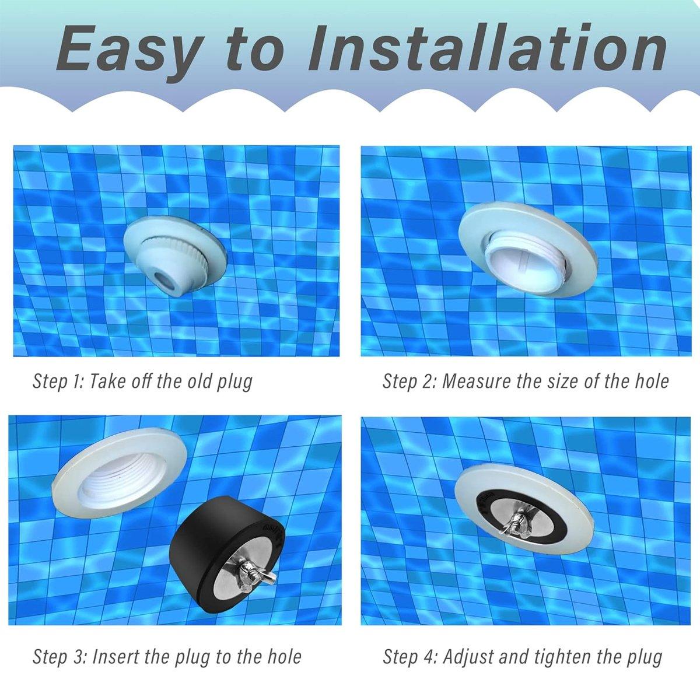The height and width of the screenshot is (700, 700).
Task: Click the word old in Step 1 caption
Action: [198, 381]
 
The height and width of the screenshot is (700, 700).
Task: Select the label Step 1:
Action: [58, 382]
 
